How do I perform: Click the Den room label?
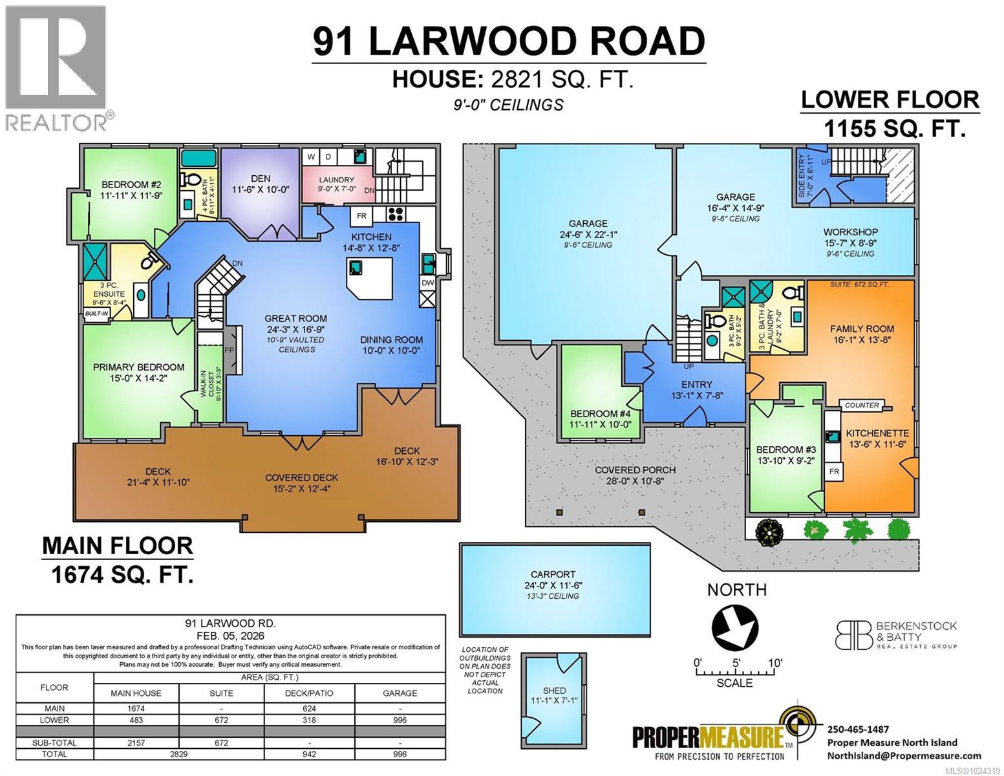pos(260,184)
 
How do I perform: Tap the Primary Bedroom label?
pos(138,372)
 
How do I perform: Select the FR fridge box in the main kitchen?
pos(361,215)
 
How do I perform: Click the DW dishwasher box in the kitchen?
pos(427,283)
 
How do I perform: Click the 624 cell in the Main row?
pos(310,709)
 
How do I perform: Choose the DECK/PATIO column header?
pos(310,693)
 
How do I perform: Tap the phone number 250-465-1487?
pos(858,729)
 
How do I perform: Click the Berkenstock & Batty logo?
pos(895,635)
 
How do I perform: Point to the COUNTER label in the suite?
pos(862,405)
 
